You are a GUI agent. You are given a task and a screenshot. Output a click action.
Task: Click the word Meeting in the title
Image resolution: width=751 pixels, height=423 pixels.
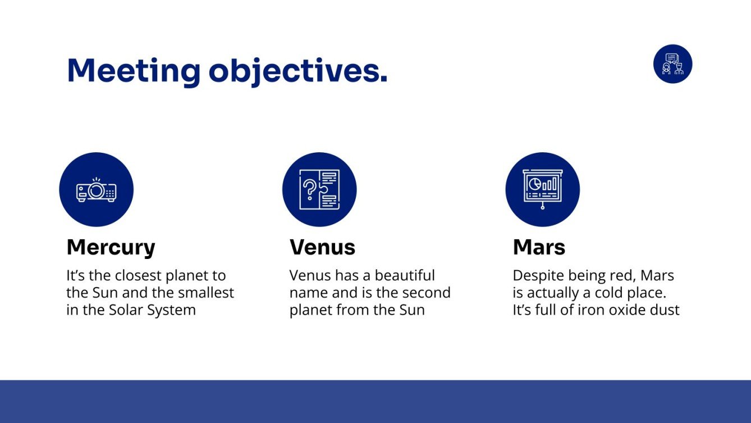pos(134,71)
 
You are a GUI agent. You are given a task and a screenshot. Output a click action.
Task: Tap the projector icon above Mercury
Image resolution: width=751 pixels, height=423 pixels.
pos(96,190)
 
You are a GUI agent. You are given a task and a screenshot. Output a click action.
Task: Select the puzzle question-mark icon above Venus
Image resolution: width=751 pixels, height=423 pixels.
pos(319,189)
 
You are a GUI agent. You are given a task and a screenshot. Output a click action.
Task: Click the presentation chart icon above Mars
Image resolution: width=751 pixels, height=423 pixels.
pos(542,189)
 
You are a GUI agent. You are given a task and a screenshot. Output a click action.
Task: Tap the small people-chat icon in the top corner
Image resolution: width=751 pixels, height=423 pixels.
pos(672,63)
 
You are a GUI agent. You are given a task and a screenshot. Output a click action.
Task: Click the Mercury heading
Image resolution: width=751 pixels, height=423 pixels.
pos(111,248)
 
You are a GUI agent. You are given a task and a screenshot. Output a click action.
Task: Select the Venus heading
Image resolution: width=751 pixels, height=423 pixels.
pos(323,248)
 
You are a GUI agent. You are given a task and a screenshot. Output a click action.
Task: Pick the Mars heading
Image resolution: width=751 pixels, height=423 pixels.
pos(539,248)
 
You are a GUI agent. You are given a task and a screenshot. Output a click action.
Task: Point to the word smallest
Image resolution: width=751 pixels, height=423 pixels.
pos(206,293)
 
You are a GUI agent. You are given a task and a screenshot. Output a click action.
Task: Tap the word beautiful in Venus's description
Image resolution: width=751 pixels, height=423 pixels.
pos(405,275)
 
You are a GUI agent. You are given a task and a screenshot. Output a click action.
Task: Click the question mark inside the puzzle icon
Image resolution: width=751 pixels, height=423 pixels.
pos(309,189)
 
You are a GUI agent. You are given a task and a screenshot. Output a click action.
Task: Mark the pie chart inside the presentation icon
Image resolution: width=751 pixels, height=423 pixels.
pos(535,184)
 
